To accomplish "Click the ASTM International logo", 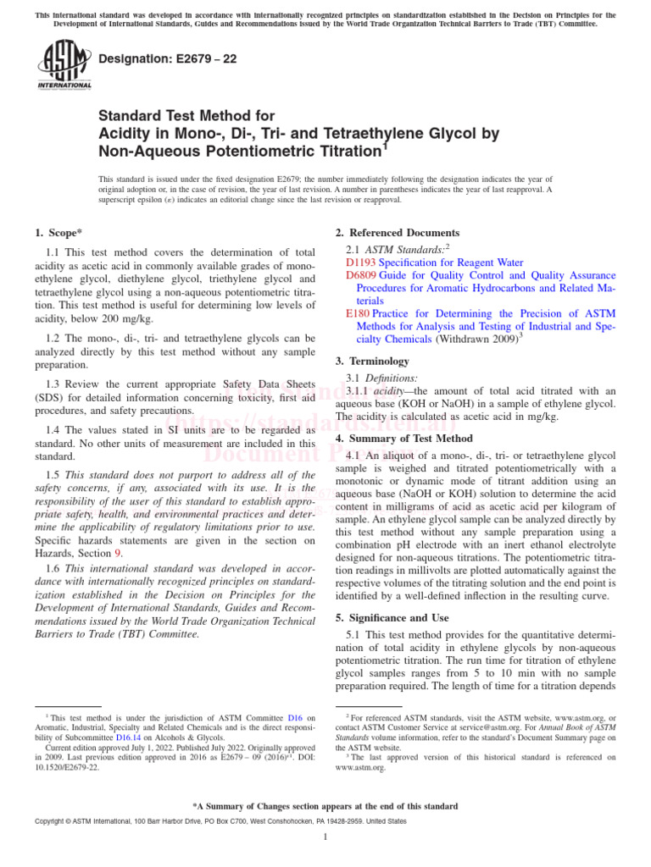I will point(64,65).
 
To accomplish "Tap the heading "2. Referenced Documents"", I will point(398,233).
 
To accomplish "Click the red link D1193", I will point(360,263).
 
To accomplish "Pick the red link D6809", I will point(360,276).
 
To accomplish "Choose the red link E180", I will point(358,313).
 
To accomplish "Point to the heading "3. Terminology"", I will point(372,362).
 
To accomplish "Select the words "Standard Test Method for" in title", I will point(187,115).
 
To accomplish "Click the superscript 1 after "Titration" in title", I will point(384,145).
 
